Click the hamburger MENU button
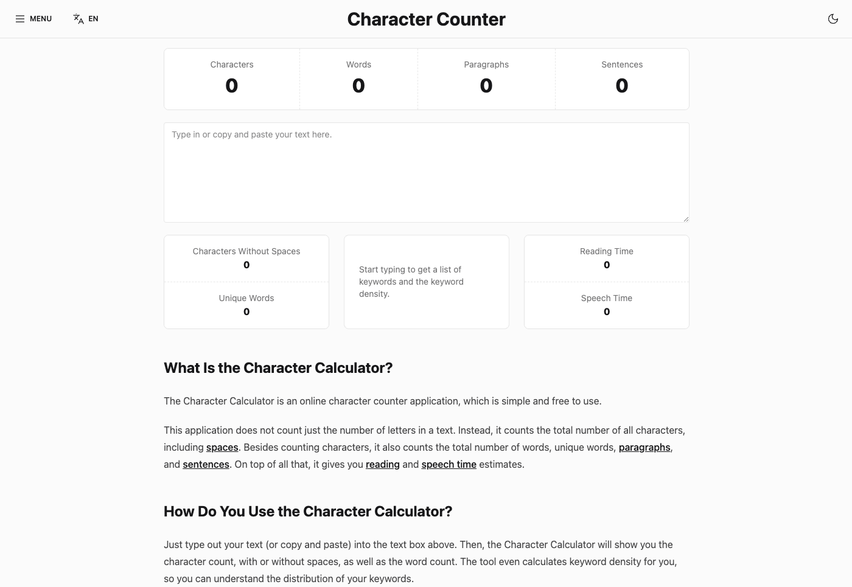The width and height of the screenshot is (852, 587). (33, 19)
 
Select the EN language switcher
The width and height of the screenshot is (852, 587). (86, 19)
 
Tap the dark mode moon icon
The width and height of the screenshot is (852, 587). (833, 19)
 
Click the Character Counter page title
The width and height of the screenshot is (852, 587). (426, 19)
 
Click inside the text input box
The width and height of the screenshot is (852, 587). (426, 173)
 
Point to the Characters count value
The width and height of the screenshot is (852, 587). (232, 86)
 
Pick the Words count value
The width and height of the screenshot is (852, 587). (358, 86)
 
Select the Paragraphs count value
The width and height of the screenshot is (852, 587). (486, 86)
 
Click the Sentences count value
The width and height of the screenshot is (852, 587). (622, 86)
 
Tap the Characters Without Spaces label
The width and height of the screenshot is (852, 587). (246, 251)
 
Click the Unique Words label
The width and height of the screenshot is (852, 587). (246, 298)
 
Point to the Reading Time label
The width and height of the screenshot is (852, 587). (607, 251)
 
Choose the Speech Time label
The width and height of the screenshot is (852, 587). (607, 298)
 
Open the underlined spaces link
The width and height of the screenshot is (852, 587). (222, 448)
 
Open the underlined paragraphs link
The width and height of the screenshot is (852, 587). (644, 448)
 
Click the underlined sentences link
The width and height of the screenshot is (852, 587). (206, 465)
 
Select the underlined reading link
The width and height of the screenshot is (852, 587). (383, 465)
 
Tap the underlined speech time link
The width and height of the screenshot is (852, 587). (449, 465)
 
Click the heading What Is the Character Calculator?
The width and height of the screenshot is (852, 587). (278, 368)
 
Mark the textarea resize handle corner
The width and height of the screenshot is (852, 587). (686, 219)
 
